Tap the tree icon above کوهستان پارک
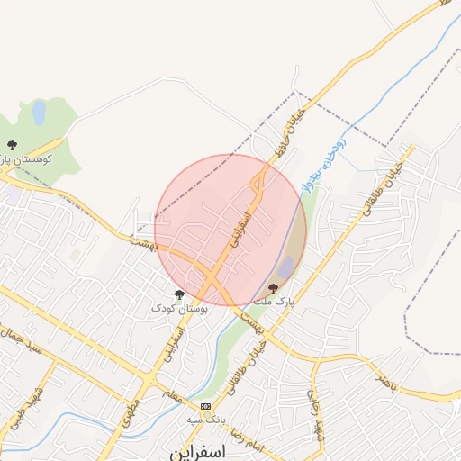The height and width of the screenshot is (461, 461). coord(12,144)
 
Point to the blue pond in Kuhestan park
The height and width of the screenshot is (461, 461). coord(39,113)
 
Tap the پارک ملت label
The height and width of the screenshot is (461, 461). coord(274,300)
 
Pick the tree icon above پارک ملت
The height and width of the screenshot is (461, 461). coord(274,287)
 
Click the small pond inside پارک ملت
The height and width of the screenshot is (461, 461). coord(286,267)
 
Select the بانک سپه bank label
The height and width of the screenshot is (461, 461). coord(205,419)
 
